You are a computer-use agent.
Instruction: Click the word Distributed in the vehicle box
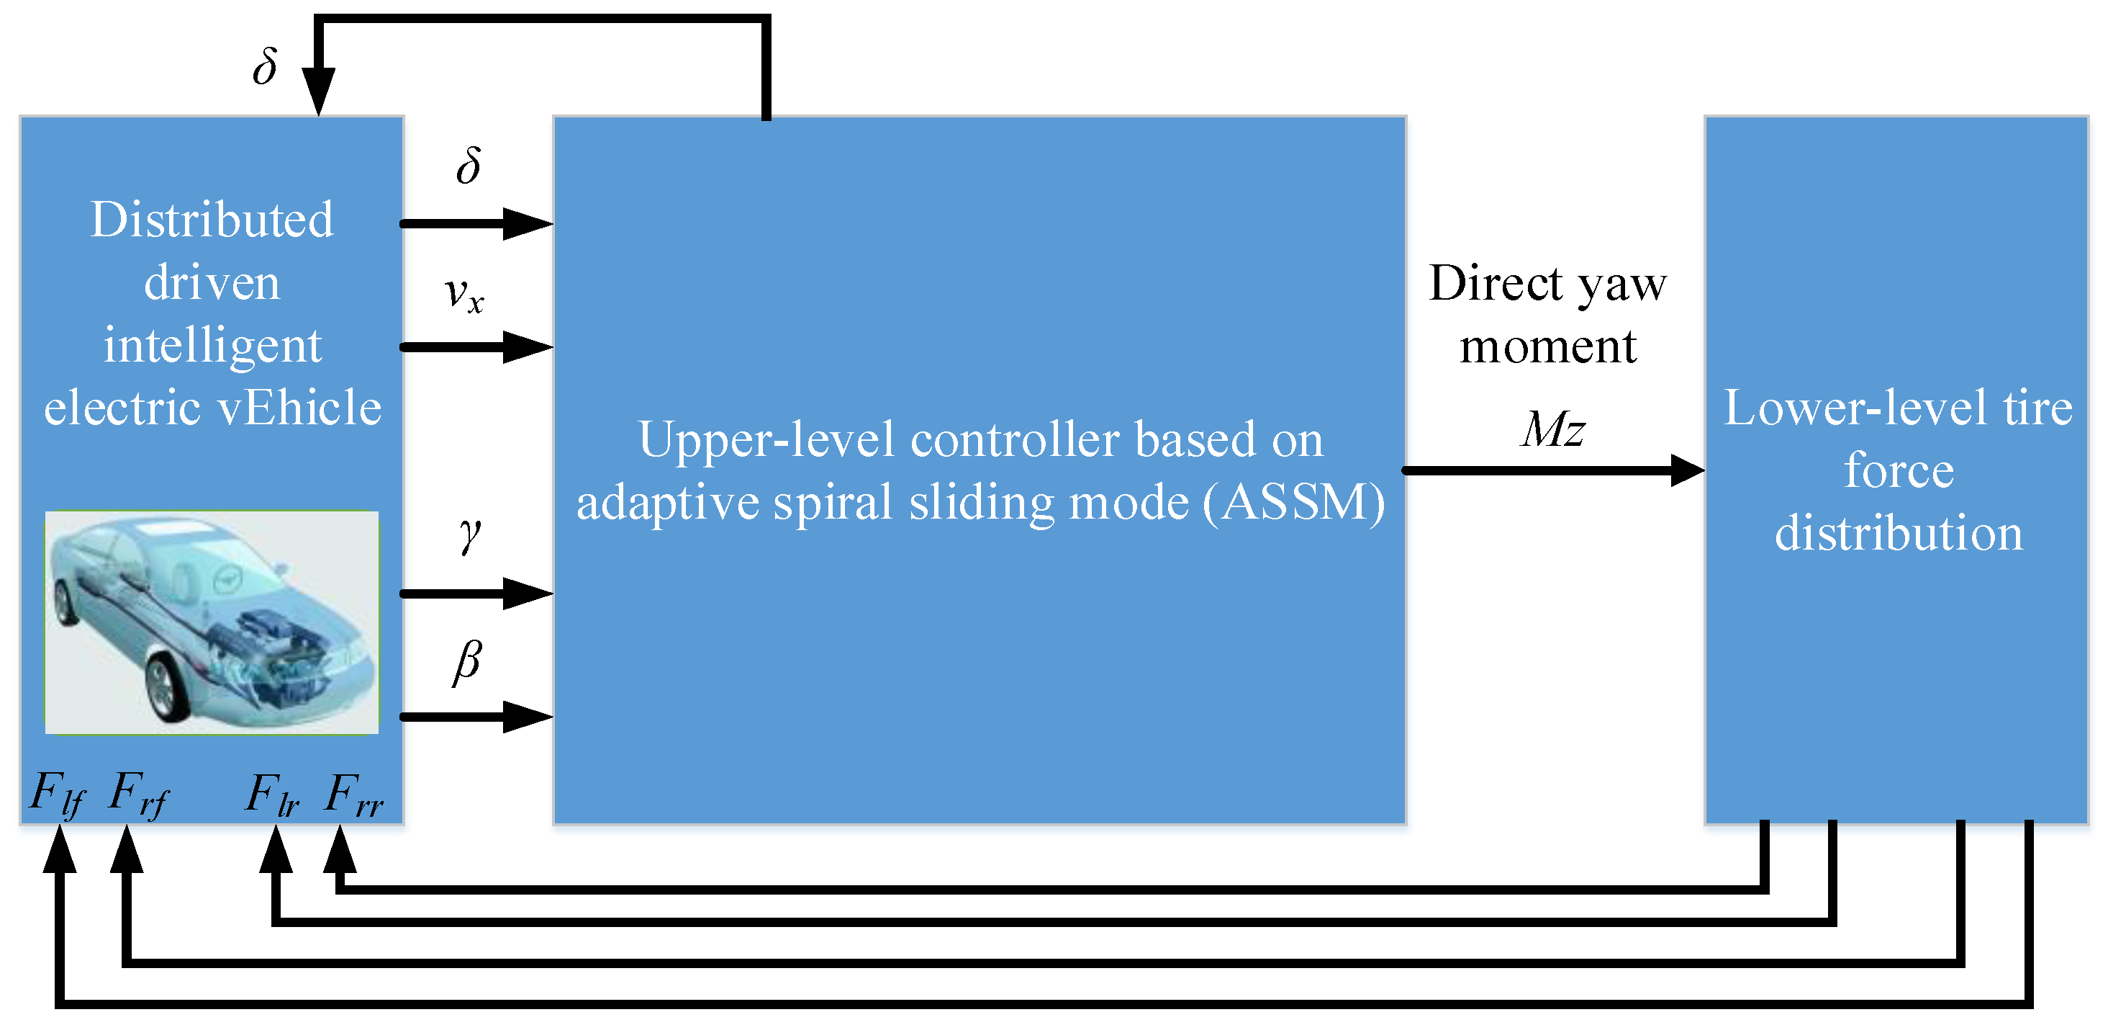212,220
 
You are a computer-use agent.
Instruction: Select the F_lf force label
58,794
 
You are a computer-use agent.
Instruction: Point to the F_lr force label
273,794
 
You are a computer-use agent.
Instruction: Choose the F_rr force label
353,794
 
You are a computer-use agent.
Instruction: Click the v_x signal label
464,295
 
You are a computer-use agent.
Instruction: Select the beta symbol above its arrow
467,661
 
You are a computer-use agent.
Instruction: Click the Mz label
1552,429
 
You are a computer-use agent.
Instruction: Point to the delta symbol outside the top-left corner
264,66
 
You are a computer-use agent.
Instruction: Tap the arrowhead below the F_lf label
60,850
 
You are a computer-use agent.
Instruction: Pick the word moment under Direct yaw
1547,346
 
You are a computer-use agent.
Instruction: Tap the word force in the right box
1899,471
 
